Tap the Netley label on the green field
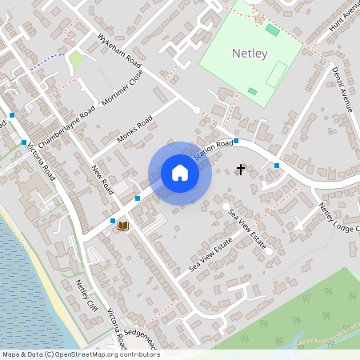249,54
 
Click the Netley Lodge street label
340,218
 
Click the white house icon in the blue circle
180,173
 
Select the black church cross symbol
241,169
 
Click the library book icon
123,227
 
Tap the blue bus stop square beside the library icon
113,220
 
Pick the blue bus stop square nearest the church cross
276,166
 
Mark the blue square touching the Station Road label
236,142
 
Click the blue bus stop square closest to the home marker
138,198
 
